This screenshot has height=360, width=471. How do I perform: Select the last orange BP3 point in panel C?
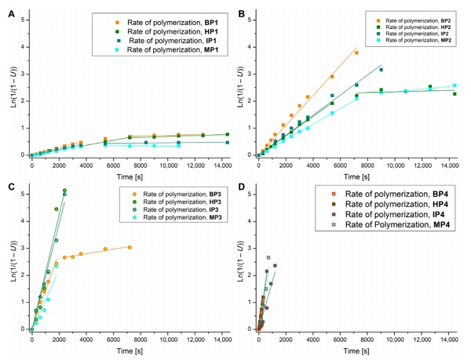[x=130, y=247]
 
